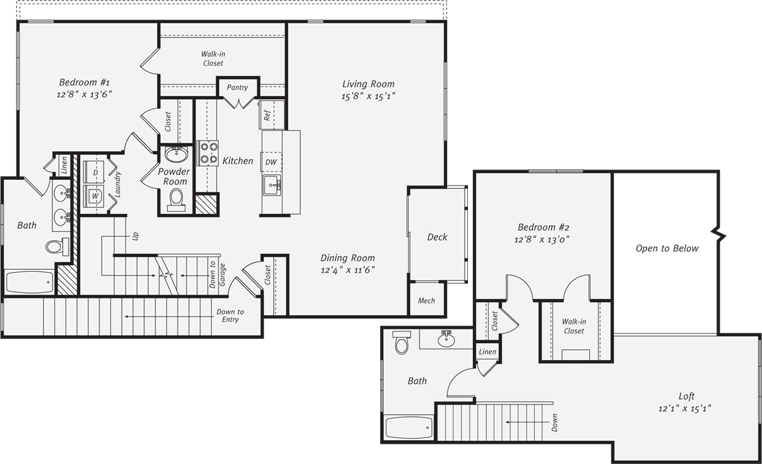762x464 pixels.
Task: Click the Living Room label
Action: [368, 84]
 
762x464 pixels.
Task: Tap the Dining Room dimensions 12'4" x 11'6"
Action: [347, 270]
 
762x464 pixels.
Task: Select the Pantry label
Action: [237, 88]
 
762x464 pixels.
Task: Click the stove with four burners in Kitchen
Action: [208, 153]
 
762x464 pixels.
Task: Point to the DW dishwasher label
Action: [271, 162]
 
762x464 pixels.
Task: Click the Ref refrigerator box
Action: [267, 115]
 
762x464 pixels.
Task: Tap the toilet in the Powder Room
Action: [176, 199]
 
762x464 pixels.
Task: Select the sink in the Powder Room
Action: [176, 155]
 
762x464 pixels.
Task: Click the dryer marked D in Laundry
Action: [95, 172]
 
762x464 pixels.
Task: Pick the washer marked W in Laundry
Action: [94, 196]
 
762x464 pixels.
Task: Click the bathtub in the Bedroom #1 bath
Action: [29, 282]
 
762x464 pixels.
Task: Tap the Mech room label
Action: [426, 301]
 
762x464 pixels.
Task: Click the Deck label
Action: [437, 237]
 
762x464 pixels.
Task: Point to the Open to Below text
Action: [666, 249]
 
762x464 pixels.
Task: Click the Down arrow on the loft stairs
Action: [526, 422]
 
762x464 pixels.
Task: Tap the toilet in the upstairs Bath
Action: [401, 343]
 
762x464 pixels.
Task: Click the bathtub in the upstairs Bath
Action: [409, 428]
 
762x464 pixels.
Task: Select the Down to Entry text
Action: [230, 316]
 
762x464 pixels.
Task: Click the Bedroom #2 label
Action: [543, 228]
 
